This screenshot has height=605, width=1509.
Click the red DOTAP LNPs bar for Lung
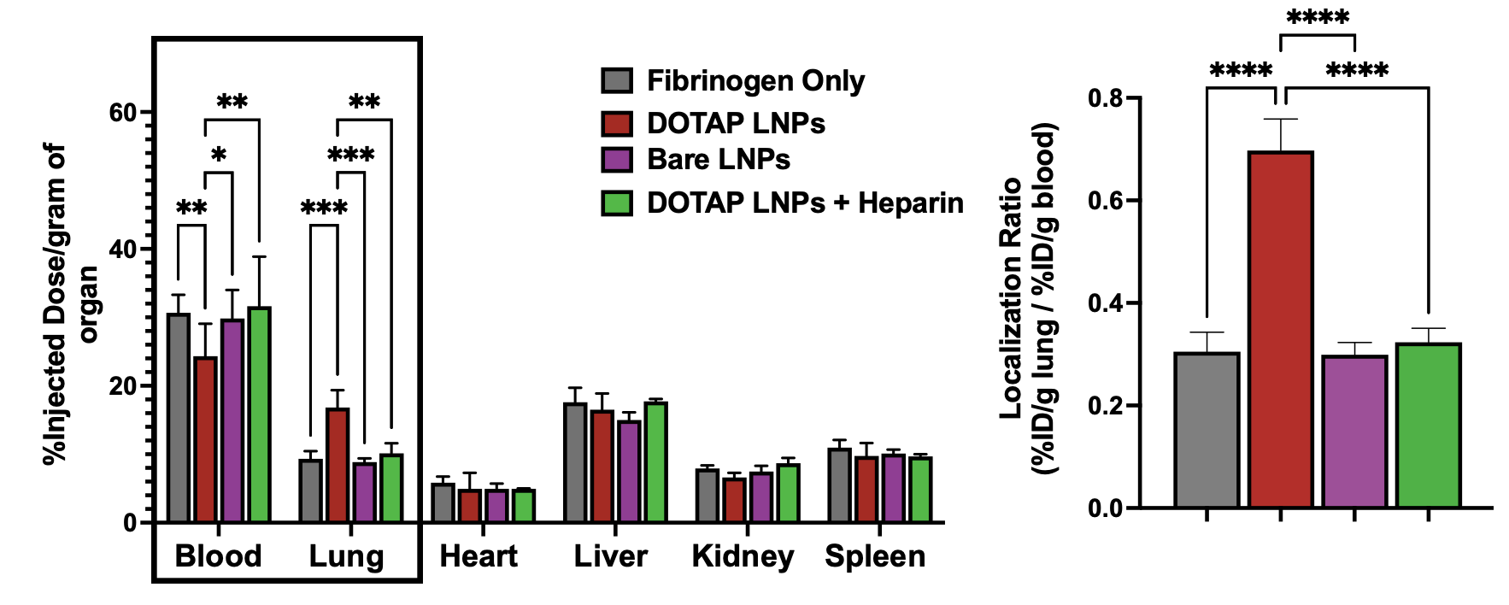coord(337,465)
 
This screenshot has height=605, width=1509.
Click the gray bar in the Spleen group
coord(839,485)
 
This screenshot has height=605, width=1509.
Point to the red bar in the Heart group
coord(469,505)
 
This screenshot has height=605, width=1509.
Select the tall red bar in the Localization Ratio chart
coord(1280,330)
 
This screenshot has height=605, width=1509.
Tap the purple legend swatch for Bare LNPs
coord(617,160)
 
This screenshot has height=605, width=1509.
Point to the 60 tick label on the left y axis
coord(123,113)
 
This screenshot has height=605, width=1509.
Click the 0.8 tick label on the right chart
coord(1104,98)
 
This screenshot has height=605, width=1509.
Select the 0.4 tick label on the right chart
coord(1104,303)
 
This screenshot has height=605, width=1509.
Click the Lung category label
coord(346,556)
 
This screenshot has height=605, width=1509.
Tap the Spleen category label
coord(875,556)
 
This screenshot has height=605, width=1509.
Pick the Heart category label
coord(479,556)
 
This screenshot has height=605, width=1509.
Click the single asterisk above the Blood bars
coord(219,155)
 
